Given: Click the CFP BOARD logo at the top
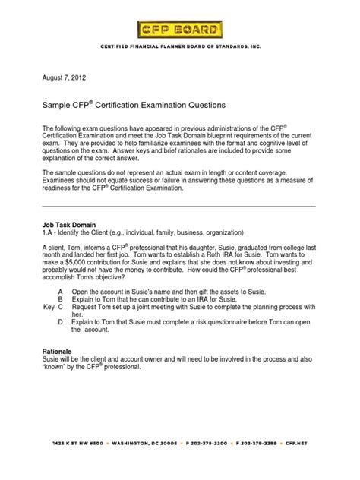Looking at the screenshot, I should pyautogui.click(x=180, y=30).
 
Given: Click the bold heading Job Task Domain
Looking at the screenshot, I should pyautogui.click(x=70, y=226).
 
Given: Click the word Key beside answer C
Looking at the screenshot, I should pyautogui.click(x=48, y=311).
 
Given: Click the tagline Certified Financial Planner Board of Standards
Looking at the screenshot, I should pyautogui.click(x=180, y=46).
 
